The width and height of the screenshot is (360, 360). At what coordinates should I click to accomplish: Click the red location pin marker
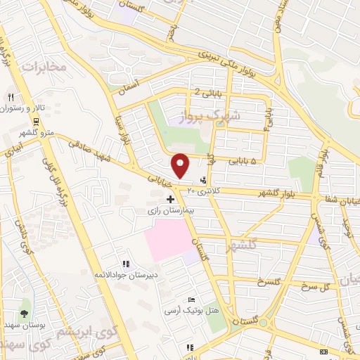181,165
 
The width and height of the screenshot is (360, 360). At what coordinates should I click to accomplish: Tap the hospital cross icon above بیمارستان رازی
170,200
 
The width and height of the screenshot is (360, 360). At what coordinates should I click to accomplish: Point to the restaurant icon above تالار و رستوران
11,97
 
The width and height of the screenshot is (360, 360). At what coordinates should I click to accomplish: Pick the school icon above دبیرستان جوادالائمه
125,264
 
